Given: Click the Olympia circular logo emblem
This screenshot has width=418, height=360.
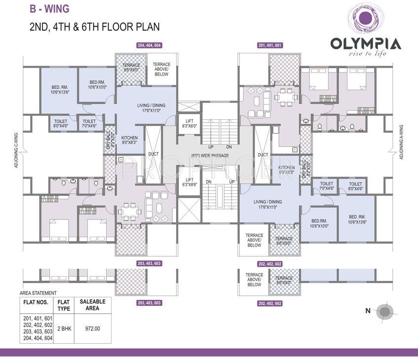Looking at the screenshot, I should tap(365, 19).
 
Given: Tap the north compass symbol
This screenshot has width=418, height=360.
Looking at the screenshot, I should tap(384, 311).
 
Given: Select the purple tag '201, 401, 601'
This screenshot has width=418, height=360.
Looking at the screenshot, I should tap(269, 45).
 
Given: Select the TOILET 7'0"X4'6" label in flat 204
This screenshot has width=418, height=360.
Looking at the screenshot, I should tap(89, 123).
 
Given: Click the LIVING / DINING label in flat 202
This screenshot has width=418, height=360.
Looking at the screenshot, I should tap(268, 204).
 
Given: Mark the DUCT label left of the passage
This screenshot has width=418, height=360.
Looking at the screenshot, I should tap(153, 154).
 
